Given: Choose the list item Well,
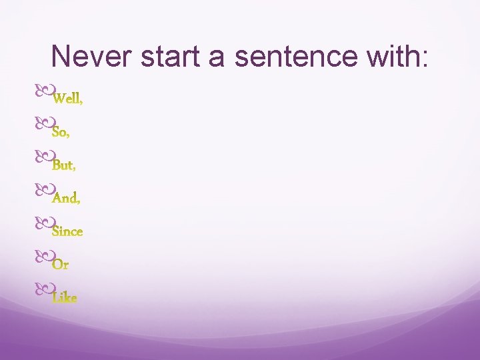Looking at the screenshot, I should tap(67, 99).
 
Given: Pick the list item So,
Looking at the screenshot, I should tap(61, 132).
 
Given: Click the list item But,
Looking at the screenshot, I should tap(63, 165).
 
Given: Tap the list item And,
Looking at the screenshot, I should tap(67, 198).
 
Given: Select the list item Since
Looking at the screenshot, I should tap(67, 231).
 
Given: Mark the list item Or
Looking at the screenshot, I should tap(61, 265).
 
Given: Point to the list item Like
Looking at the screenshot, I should tap(65, 297).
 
